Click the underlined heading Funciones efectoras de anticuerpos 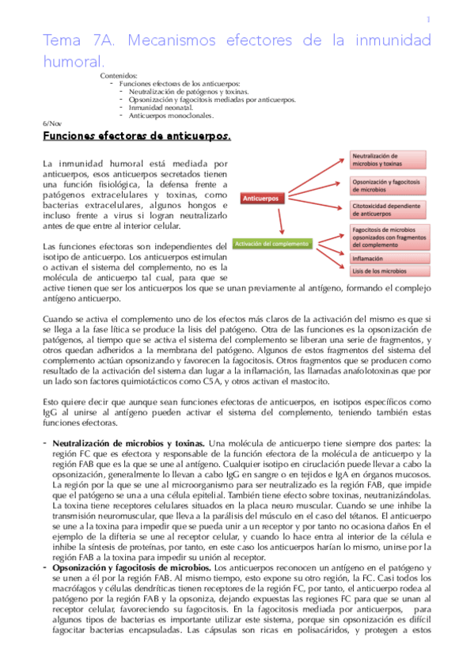point(136,137)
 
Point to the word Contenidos point(118,76)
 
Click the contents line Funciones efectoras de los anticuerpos point(180,84)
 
